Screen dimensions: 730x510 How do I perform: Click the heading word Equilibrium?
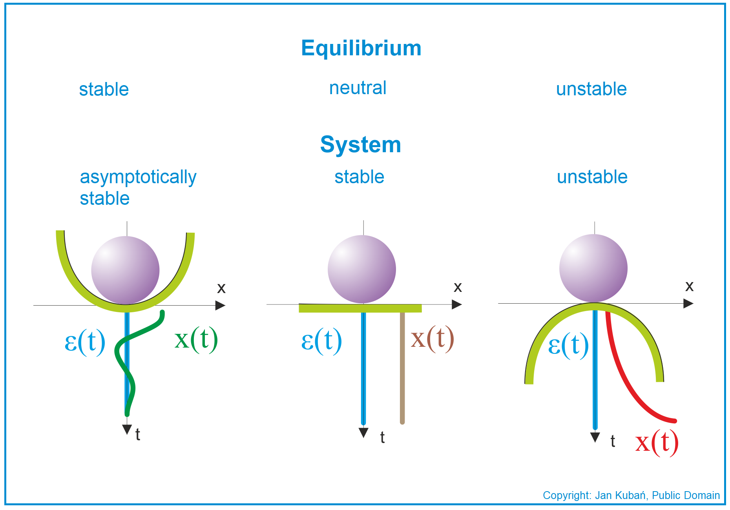(x=361, y=48)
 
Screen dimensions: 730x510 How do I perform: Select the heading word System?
(x=361, y=145)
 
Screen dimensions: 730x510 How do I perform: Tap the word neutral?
(x=358, y=88)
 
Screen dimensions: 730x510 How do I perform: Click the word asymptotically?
(x=138, y=177)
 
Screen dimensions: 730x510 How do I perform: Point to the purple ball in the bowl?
(x=125, y=270)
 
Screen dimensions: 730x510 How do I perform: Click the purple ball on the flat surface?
(x=362, y=269)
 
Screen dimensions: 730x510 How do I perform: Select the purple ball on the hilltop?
(x=593, y=268)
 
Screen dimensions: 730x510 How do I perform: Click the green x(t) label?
(x=196, y=339)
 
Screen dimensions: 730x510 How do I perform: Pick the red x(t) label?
(x=657, y=443)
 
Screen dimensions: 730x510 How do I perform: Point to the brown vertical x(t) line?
(x=402, y=368)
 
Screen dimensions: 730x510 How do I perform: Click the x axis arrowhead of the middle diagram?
(x=457, y=304)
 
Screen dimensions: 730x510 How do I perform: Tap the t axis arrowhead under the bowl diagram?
(x=127, y=429)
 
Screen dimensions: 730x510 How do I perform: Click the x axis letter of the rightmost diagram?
(x=689, y=286)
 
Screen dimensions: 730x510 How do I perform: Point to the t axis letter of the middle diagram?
(x=382, y=437)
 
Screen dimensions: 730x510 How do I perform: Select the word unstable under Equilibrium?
(x=591, y=89)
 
